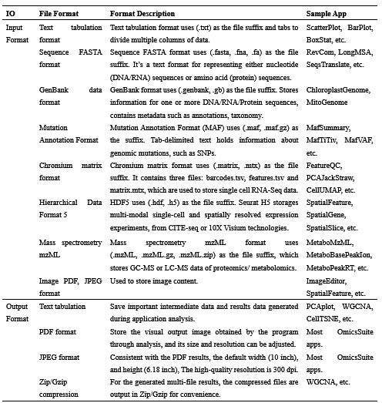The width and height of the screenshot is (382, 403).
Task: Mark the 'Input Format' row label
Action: [x=15, y=32]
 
